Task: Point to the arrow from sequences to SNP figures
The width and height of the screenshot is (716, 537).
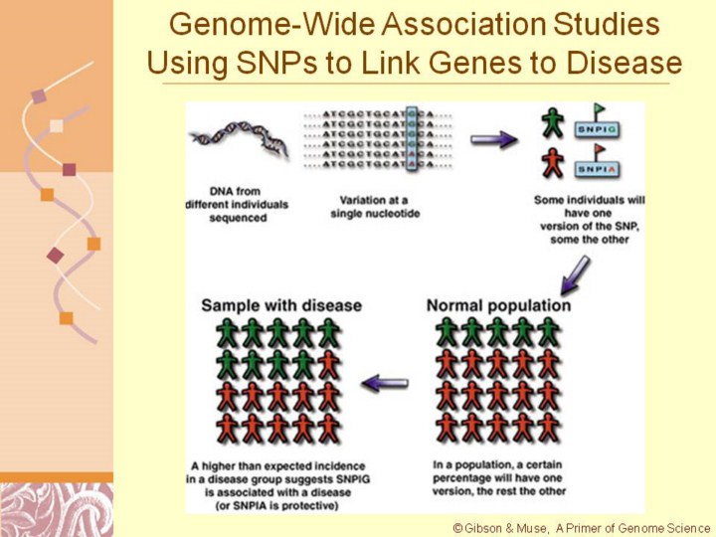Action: click(x=494, y=140)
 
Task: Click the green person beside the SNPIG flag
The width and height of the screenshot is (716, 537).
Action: click(x=552, y=123)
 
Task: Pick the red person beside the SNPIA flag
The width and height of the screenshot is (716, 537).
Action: click(x=552, y=161)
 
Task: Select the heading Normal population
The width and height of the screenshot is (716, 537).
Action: click(x=498, y=304)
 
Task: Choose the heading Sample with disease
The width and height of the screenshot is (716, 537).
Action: click(x=281, y=304)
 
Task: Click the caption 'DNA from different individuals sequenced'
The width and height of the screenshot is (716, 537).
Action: click(x=237, y=203)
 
